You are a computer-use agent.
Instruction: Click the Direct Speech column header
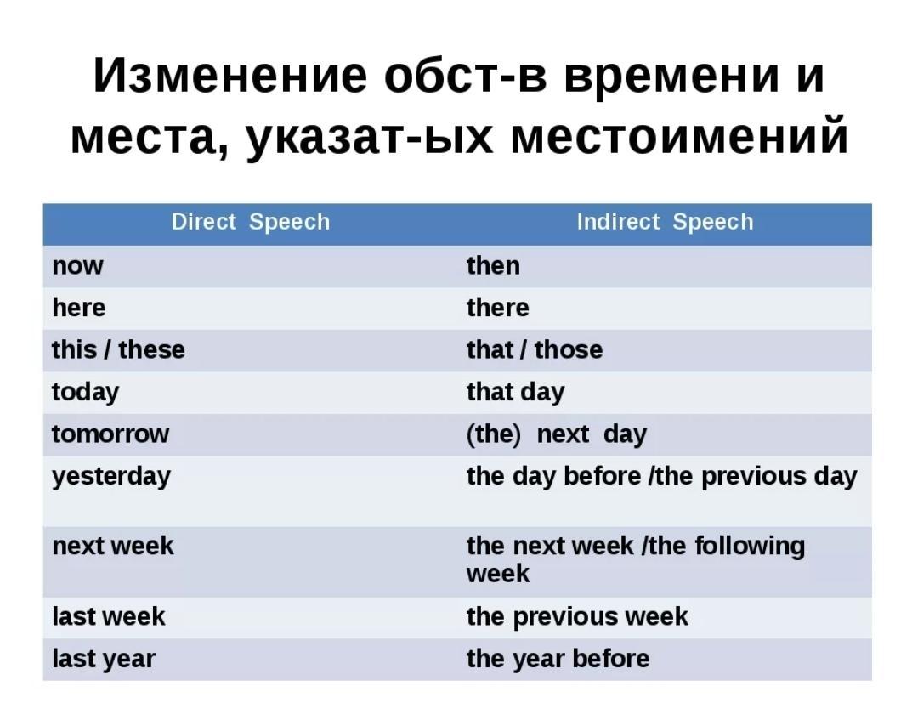coord(251,222)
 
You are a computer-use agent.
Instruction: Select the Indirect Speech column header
coord(665,222)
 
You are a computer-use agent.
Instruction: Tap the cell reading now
coord(77,266)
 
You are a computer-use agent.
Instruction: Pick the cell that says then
coord(493,266)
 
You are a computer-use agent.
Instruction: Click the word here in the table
coord(79,308)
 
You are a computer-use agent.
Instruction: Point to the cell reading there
coord(497,308)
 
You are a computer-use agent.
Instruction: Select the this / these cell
coord(118,349)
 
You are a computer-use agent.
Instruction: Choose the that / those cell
coord(535,349)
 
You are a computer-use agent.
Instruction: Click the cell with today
coord(86,392)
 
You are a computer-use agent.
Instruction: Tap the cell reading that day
coord(515,392)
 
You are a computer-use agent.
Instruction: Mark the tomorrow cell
coord(110,434)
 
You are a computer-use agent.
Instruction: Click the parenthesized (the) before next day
coord(493,434)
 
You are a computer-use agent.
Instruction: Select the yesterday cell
coord(111,477)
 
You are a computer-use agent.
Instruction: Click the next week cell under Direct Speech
coord(113,546)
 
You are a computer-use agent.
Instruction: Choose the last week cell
coord(108,616)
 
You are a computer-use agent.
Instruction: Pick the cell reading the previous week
coord(577,617)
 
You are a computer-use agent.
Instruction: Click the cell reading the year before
coord(558,659)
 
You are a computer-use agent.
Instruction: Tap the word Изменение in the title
coord(230,76)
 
